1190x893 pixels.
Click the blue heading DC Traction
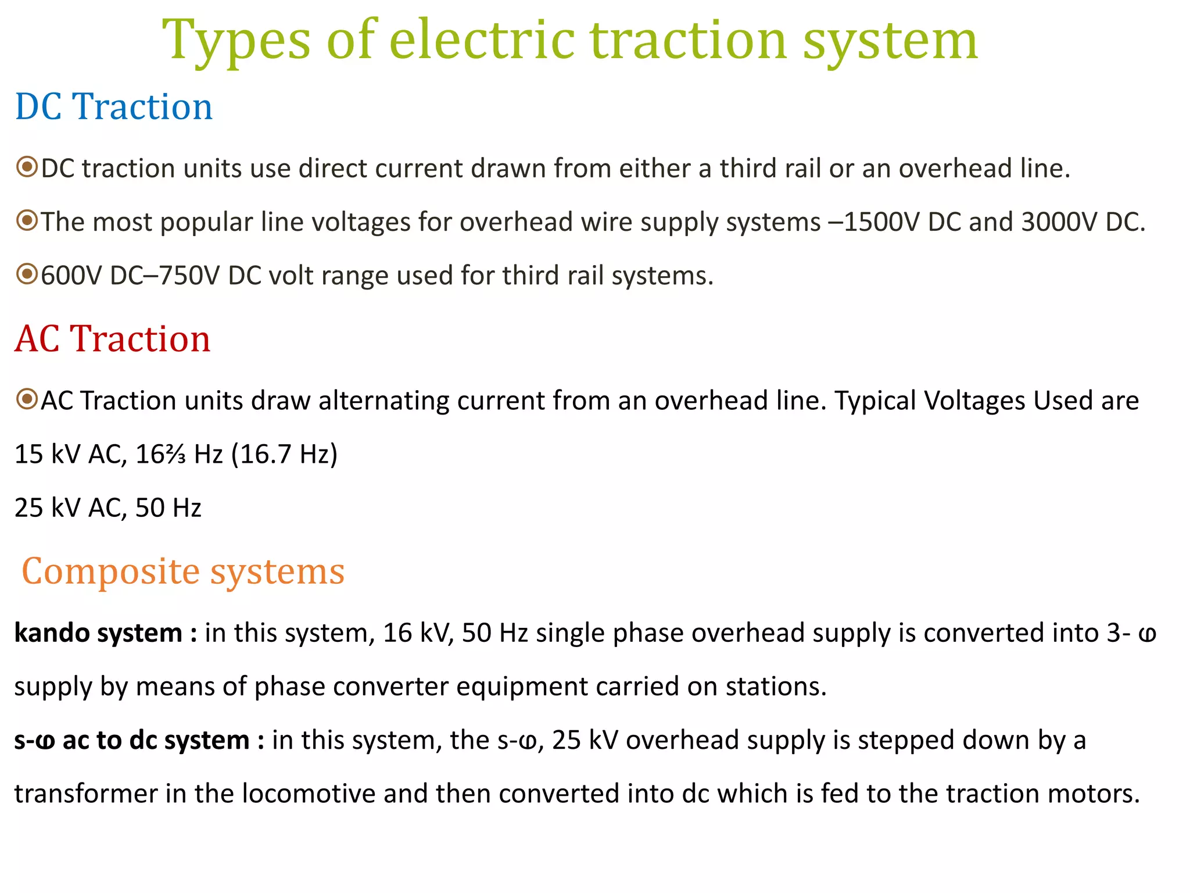(114, 107)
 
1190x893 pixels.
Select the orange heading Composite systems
(183, 571)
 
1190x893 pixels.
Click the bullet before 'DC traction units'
(27, 167)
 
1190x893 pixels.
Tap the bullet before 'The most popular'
(27, 221)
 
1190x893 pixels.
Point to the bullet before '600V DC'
(27, 274)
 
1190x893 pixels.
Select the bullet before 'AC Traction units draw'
(27, 399)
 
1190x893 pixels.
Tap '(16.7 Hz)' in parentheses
(284, 454)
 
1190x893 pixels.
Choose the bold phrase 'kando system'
(98, 633)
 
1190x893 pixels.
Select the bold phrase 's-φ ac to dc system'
(132, 740)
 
